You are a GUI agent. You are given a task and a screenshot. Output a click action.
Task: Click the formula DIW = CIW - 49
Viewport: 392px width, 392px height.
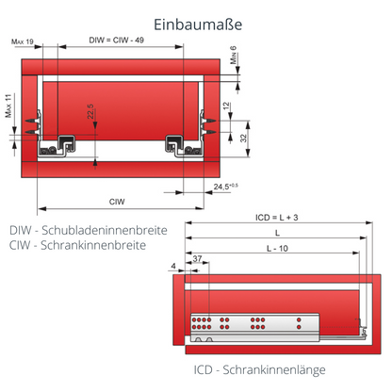[x=118, y=41]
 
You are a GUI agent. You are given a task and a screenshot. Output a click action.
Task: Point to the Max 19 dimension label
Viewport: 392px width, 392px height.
[x=24, y=41]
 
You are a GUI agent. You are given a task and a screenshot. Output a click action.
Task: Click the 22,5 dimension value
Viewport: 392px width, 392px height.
[x=90, y=114]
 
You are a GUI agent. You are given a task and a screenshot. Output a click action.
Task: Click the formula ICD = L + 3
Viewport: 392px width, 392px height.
[x=276, y=216]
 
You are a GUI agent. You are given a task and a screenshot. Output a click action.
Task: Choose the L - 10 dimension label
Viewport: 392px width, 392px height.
[x=275, y=248]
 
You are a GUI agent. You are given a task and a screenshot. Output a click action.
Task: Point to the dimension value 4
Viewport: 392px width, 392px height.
[x=175, y=267]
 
